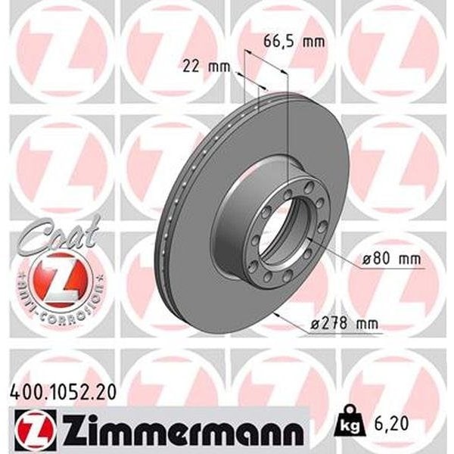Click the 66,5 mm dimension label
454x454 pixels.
point(294,42)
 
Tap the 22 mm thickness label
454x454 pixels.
point(206,67)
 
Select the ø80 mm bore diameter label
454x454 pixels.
point(391,259)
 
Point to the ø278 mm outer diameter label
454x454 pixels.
point(344,323)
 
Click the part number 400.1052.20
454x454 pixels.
point(64,393)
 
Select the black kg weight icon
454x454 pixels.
point(349,422)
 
